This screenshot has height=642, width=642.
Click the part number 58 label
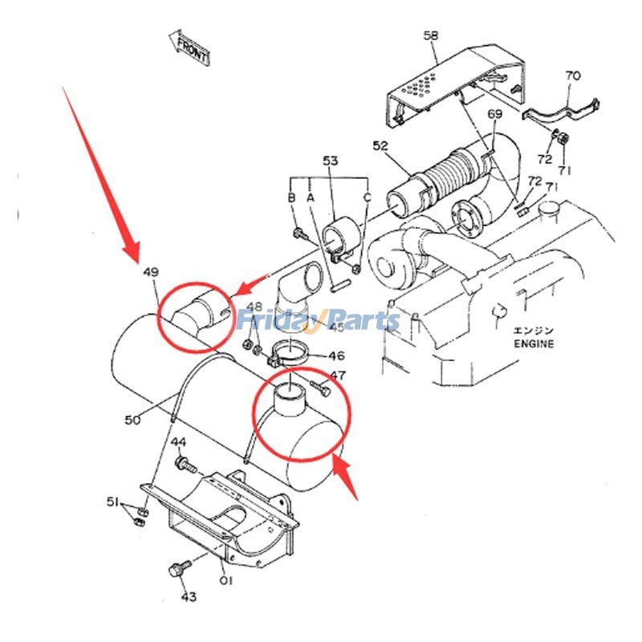431,35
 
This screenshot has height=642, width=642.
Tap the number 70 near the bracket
572,76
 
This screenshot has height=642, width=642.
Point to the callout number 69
496,115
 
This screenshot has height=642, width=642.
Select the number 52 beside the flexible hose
380,145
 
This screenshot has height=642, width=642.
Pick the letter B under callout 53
292,197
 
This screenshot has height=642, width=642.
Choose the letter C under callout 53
368,197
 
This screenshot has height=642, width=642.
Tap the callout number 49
151,273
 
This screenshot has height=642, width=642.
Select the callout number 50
133,419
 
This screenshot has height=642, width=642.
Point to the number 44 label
178,442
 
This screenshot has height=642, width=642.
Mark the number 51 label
114,502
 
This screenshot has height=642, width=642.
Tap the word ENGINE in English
534,343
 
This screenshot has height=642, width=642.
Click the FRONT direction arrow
189,49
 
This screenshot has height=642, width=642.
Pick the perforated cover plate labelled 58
437,88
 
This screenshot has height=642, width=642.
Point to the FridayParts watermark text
318,321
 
